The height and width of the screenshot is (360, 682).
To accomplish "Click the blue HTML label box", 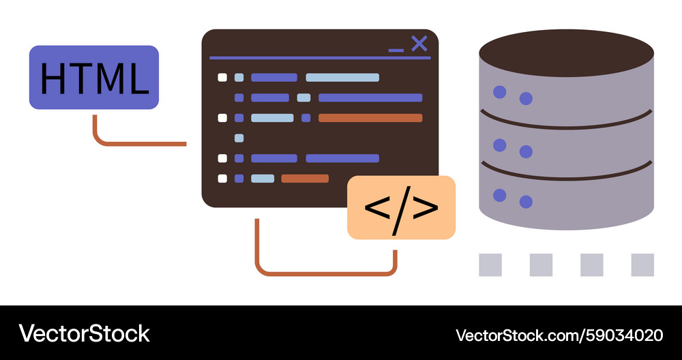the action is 94,78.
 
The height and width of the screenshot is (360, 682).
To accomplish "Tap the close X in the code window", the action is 419,44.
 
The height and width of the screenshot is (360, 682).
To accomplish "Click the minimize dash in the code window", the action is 396,50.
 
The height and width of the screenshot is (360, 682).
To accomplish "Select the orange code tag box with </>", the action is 401,207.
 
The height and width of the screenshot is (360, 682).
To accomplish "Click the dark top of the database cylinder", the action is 566,53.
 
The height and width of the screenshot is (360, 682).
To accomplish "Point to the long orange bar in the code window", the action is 370,118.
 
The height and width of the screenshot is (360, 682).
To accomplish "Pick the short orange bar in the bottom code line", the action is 305,178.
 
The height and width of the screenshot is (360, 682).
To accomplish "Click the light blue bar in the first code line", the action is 342,78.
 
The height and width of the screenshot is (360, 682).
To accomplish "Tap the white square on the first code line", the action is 222,78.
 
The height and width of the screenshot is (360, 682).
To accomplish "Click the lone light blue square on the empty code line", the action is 239,138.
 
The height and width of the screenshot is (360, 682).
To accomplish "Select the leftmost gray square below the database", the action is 490,265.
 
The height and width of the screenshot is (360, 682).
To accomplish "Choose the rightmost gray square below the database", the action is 642,265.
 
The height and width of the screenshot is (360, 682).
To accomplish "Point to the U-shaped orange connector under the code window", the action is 326,273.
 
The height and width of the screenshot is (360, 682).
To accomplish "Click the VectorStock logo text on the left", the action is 85,334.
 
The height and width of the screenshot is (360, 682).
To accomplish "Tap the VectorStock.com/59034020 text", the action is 559,335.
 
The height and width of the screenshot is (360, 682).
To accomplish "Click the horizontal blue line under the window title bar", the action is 320,58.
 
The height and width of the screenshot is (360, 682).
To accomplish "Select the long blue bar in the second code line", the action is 370,97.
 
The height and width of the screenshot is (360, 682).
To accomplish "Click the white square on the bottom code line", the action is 222,178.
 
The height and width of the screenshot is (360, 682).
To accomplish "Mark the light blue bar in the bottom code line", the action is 263,178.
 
